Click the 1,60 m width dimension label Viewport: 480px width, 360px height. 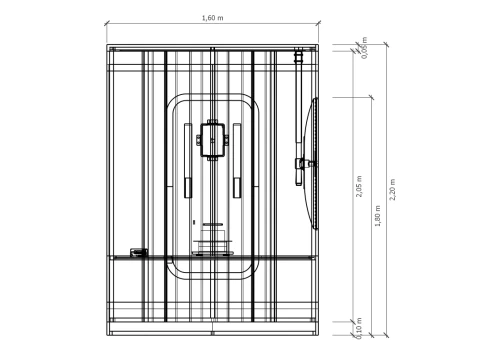coord(212,18)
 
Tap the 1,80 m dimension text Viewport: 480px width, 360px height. coord(377,215)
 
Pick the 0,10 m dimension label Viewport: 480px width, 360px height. coord(358,327)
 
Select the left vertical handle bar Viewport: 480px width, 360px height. coord(187,187)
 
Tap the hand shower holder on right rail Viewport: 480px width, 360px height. coord(299,164)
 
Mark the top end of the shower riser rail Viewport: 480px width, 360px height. coord(297,57)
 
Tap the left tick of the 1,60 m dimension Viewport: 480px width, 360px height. coord(107,24)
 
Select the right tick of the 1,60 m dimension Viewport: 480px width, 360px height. coord(324,24)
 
